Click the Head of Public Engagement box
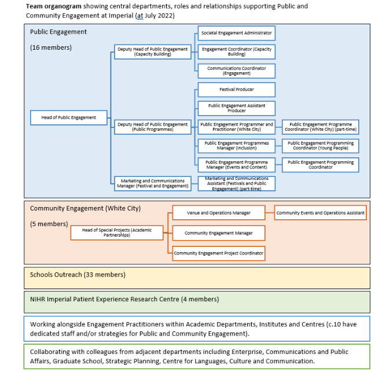pyautogui.click(x=69, y=117)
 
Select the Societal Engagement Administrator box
pyautogui.click(x=236, y=34)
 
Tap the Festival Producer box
pyautogui.click(x=236, y=90)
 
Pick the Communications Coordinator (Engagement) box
pyautogui.click(x=236, y=71)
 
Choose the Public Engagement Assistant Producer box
pyautogui.click(x=236, y=108)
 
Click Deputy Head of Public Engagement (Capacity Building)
pyautogui.click(x=153, y=51)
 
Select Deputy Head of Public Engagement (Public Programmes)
pyautogui.click(x=153, y=127)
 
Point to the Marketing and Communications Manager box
pyautogui.click(x=153, y=183)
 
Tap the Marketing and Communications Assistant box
pyautogui.click(x=236, y=183)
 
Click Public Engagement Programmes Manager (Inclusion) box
pyautogui.click(x=236, y=146)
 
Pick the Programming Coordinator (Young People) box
pyautogui.click(x=320, y=146)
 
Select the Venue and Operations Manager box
pyautogui.click(x=218, y=213)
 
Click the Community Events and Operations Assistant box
pyautogui.click(x=320, y=213)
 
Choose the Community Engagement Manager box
pyautogui.click(x=218, y=233)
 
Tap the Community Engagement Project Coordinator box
pyautogui.click(x=218, y=253)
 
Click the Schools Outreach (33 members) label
pyautogui.click(x=78, y=274)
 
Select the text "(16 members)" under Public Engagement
pyautogui.click(x=51, y=47)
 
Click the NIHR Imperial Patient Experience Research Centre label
pyautogui.click(x=124, y=299)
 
